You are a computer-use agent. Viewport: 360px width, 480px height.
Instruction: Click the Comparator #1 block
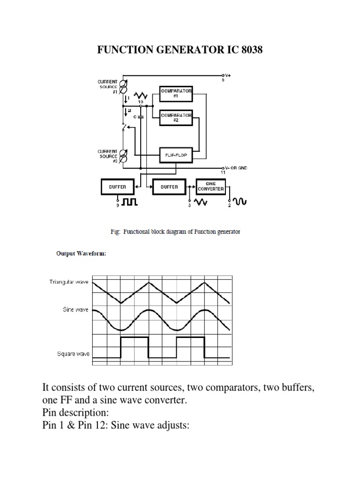tap(176, 93)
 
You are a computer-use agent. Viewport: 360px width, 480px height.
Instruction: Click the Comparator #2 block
tap(176, 117)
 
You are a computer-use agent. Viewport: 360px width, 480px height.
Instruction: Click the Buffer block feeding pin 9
tap(118, 186)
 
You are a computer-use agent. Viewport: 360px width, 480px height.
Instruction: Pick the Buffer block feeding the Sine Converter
tap(169, 186)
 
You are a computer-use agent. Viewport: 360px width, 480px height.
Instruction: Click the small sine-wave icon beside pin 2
tap(240, 201)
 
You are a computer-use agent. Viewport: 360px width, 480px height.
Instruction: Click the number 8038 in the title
tap(249, 50)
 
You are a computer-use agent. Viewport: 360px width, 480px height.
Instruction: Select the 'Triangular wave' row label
tap(69, 282)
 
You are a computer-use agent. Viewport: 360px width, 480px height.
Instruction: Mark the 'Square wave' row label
tap(73, 354)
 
